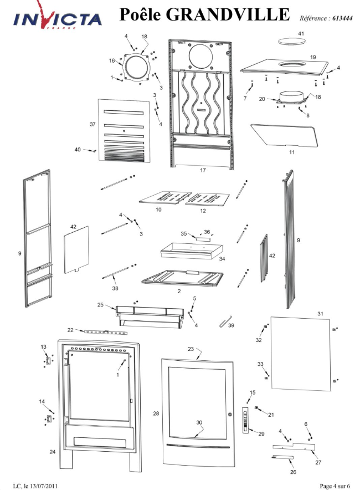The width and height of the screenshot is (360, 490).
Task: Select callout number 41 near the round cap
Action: click(301, 34)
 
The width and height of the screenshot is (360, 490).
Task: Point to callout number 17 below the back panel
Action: click(203, 170)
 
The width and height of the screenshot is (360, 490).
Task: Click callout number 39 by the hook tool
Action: click(231, 325)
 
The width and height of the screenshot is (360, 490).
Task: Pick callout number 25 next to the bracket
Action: click(100, 305)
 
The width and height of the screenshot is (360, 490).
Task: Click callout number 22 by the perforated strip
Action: click(70, 330)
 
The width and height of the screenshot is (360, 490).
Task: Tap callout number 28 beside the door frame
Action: click(156, 414)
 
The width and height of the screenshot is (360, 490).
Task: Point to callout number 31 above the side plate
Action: click(320, 314)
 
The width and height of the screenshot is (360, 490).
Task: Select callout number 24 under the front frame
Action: click(52, 452)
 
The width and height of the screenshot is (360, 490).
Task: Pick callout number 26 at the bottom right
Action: click(293, 473)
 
